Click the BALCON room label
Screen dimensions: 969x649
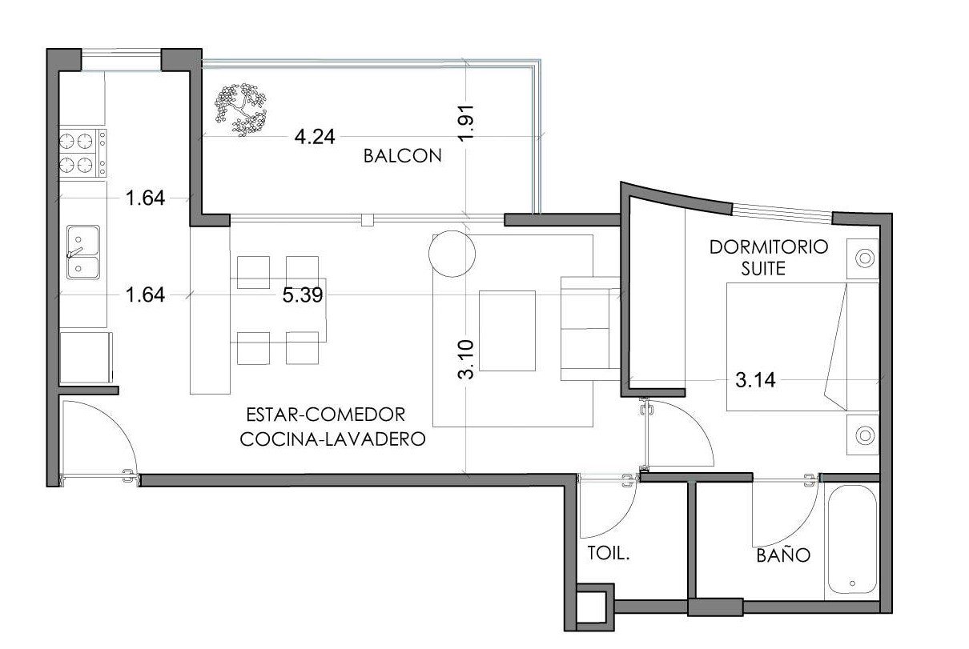pyautogui.click(x=402, y=156)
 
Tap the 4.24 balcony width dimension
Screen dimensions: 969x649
pyautogui.click(x=315, y=137)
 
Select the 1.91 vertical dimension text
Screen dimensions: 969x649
pyautogui.click(x=466, y=122)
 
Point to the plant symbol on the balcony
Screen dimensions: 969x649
pyautogui.click(x=240, y=110)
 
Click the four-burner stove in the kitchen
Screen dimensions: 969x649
pyautogui.click(x=82, y=153)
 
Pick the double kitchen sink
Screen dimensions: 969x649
pyautogui.click(x=83, y=252)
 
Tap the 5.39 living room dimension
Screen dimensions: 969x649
pyautogui.click(x=303, y=295)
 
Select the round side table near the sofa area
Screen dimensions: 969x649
pyautogui.click(x=452, y=254)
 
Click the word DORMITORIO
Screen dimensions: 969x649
pyautogui.click(x=769, y=247)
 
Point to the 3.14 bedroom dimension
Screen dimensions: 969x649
pyautogui.click(x=755, y=380)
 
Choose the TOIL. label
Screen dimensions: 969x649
pyautogui.click(x=608, y=554)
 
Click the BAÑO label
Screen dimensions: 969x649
pyautogui.click(x=783, y=555)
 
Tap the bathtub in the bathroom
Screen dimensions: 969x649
pyautogui.click(x=852, y=540)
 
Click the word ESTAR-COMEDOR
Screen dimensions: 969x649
pyautogui.click(x=326, y=415)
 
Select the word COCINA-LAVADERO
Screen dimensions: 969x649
pyautogui.click(x=332, y=439)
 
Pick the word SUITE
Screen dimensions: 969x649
pyautogui.click(x=763, y=269)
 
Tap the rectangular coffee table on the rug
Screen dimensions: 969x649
pyautogui.click(x=507, y=331)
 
